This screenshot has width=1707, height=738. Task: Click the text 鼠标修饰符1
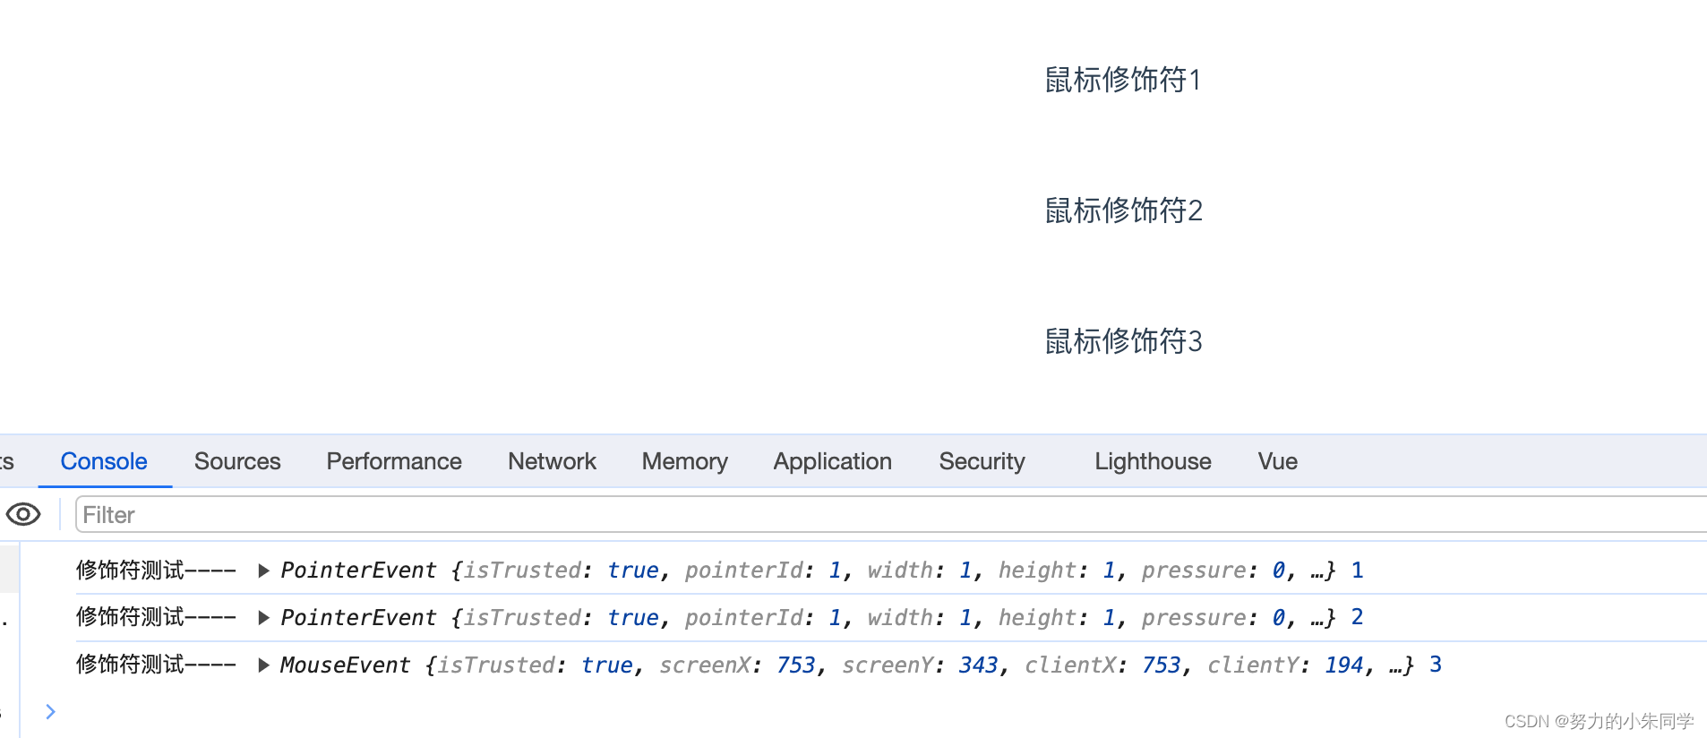click(1122, 80)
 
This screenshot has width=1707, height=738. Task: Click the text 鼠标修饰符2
click(1123, 210)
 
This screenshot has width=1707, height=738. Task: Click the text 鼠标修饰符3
click(1123, 341)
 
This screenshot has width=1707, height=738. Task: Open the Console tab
click(104, 461)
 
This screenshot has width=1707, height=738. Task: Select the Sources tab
click(237, 461)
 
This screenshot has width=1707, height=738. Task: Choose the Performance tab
click(394, 461)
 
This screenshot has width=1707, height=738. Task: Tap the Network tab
click(552, 461)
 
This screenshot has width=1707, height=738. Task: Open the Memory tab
click(684, 461)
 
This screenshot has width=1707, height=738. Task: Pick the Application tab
click(832, 461)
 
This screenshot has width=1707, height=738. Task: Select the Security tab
click(982, 461)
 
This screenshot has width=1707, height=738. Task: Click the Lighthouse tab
click(1153, 461)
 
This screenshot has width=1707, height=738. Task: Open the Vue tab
click(1277, 461)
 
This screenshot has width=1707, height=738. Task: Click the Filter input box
click(806, 515)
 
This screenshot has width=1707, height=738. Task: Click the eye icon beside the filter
click(23, 515)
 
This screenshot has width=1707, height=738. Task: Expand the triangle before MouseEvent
click(263, 665)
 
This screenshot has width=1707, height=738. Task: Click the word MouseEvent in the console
click(345, 665)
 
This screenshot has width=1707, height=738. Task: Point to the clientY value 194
click(1343, 665)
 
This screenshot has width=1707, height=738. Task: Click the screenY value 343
click(978, 665)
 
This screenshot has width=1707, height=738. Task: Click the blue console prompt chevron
click(50, 711)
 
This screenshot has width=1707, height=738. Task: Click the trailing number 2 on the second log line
click(1357, 617)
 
